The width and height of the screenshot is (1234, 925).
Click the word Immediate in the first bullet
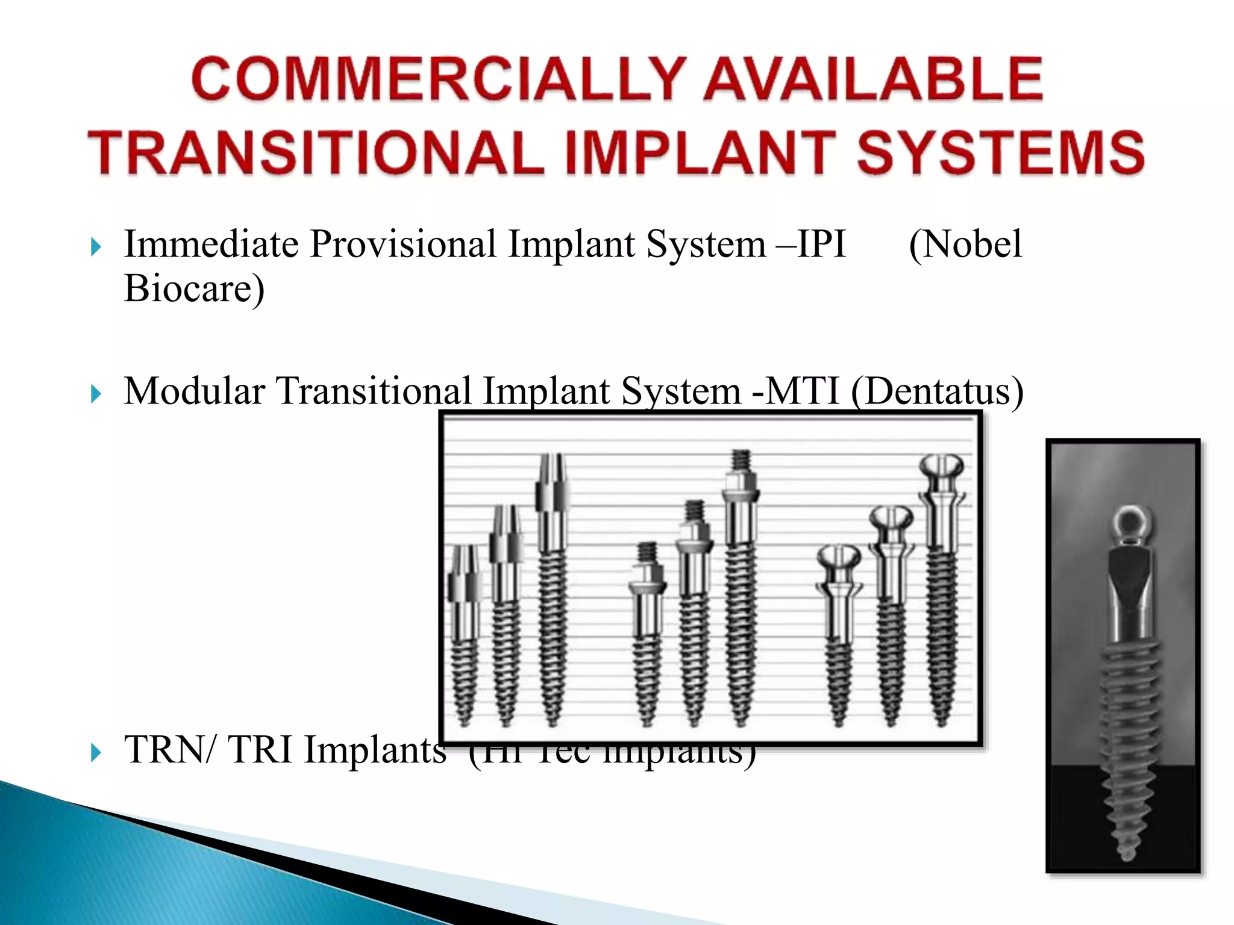point(211,244)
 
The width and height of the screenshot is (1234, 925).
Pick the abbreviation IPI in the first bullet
point(822,244)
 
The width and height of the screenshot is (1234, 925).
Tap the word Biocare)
point(194,288)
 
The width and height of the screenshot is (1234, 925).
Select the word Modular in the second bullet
point(194,391)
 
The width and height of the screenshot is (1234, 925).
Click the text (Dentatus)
point(937,391)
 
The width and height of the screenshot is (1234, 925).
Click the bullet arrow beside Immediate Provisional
point(96,246)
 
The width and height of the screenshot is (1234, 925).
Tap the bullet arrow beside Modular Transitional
point(96,394)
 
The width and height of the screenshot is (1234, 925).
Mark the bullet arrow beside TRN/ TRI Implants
point(96,752)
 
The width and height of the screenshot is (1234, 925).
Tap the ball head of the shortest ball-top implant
point(839,558)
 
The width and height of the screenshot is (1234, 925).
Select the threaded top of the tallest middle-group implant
point(741,460)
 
